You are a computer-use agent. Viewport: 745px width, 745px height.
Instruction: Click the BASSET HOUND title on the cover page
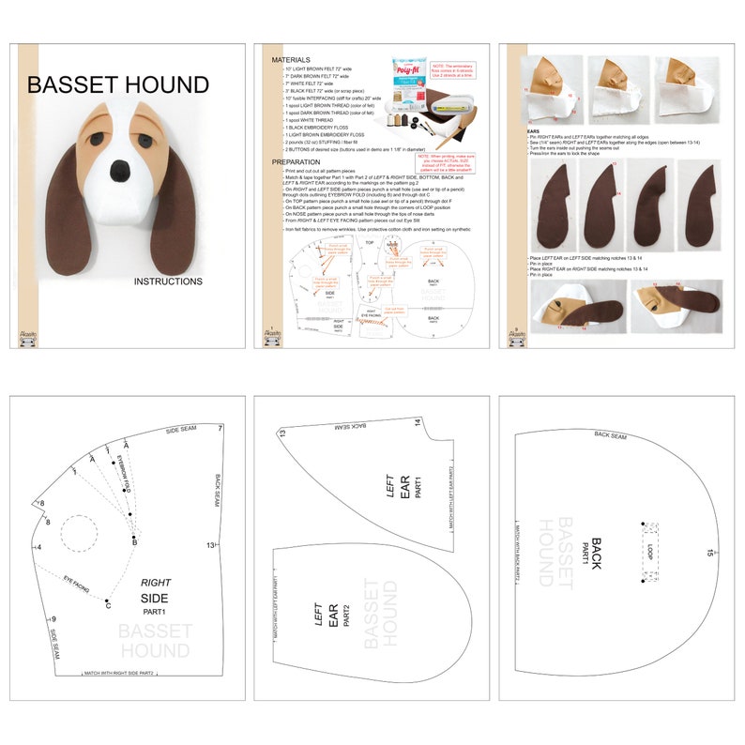click(118, 85)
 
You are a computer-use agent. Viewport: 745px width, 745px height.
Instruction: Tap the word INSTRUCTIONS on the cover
click(168, 281)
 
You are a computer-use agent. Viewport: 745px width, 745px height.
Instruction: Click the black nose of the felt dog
click(122, 170)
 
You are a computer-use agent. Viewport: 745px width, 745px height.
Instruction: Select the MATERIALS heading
click(291, 59)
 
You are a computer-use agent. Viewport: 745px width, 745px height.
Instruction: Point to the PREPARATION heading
click(296, 161)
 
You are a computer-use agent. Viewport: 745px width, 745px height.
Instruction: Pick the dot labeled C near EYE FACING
click(108, 601)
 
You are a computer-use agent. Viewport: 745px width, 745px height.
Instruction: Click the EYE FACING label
click(78, 585)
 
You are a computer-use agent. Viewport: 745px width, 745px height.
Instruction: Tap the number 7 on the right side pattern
click(220, 429)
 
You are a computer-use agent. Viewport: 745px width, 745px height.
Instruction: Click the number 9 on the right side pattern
click(53, 619)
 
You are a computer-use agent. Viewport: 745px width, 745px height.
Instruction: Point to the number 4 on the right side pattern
click(38, 547)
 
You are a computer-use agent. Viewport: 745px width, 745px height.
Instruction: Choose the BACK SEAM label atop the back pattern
click(611, 435)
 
